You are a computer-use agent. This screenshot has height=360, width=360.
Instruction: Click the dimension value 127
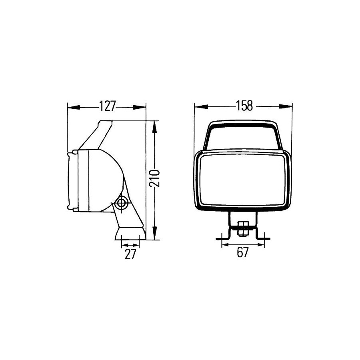pos(107,106)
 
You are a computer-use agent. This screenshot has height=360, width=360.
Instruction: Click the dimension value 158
pos(244,106)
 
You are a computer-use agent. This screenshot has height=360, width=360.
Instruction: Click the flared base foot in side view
pos(130,234)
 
